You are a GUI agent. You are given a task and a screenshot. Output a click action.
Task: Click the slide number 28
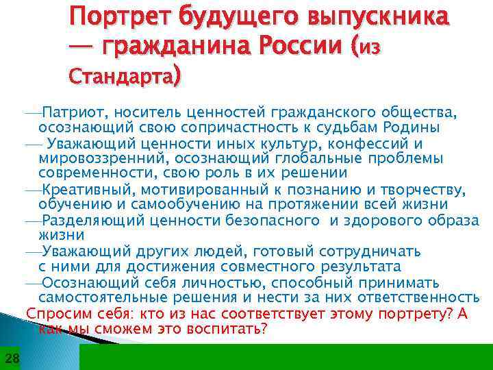coord(12,358)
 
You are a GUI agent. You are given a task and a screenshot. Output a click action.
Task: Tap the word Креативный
coord(86,189)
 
